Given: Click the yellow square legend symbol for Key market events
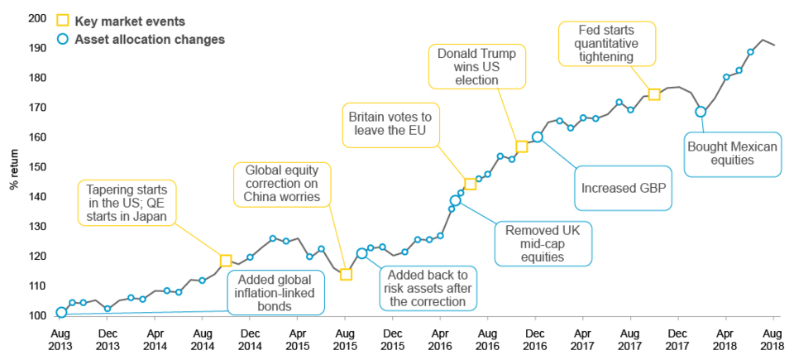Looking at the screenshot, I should point(61,20).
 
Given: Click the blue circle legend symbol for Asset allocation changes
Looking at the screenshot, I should point(61,39).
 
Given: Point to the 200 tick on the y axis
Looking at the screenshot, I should point(36,18).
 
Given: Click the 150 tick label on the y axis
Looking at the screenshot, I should point(36,167).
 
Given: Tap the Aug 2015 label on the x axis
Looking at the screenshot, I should point(346,339).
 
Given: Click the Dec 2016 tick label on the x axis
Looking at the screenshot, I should point(536,339).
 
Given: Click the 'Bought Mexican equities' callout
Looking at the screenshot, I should point(732,153).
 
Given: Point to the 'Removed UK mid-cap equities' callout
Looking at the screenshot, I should point(544,243).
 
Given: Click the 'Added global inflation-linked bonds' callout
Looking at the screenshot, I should point(275,293).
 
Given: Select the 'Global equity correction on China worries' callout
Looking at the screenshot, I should point(281,184).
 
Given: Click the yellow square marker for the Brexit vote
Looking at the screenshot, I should point(470,184).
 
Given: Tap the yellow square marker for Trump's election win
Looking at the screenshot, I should point(521,146).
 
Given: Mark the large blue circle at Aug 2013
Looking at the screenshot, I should point(61,313).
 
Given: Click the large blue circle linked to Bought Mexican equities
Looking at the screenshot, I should point(701,112).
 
